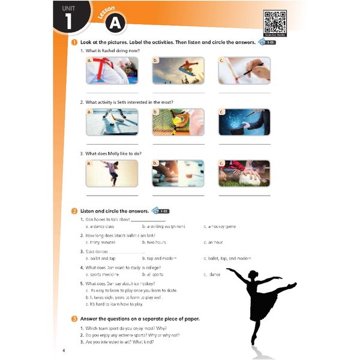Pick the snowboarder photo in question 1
coord(178,70)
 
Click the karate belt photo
coord(112,70)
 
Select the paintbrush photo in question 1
coord(244,70)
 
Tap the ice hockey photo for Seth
coord(112,122)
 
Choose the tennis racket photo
coord(178,122)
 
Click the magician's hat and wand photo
coord(244,122)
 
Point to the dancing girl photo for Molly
coord(112,173)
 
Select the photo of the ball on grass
coord(244,173)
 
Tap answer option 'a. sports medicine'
coord(104,274)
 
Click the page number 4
coord(63,350)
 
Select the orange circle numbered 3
coord(73,319)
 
